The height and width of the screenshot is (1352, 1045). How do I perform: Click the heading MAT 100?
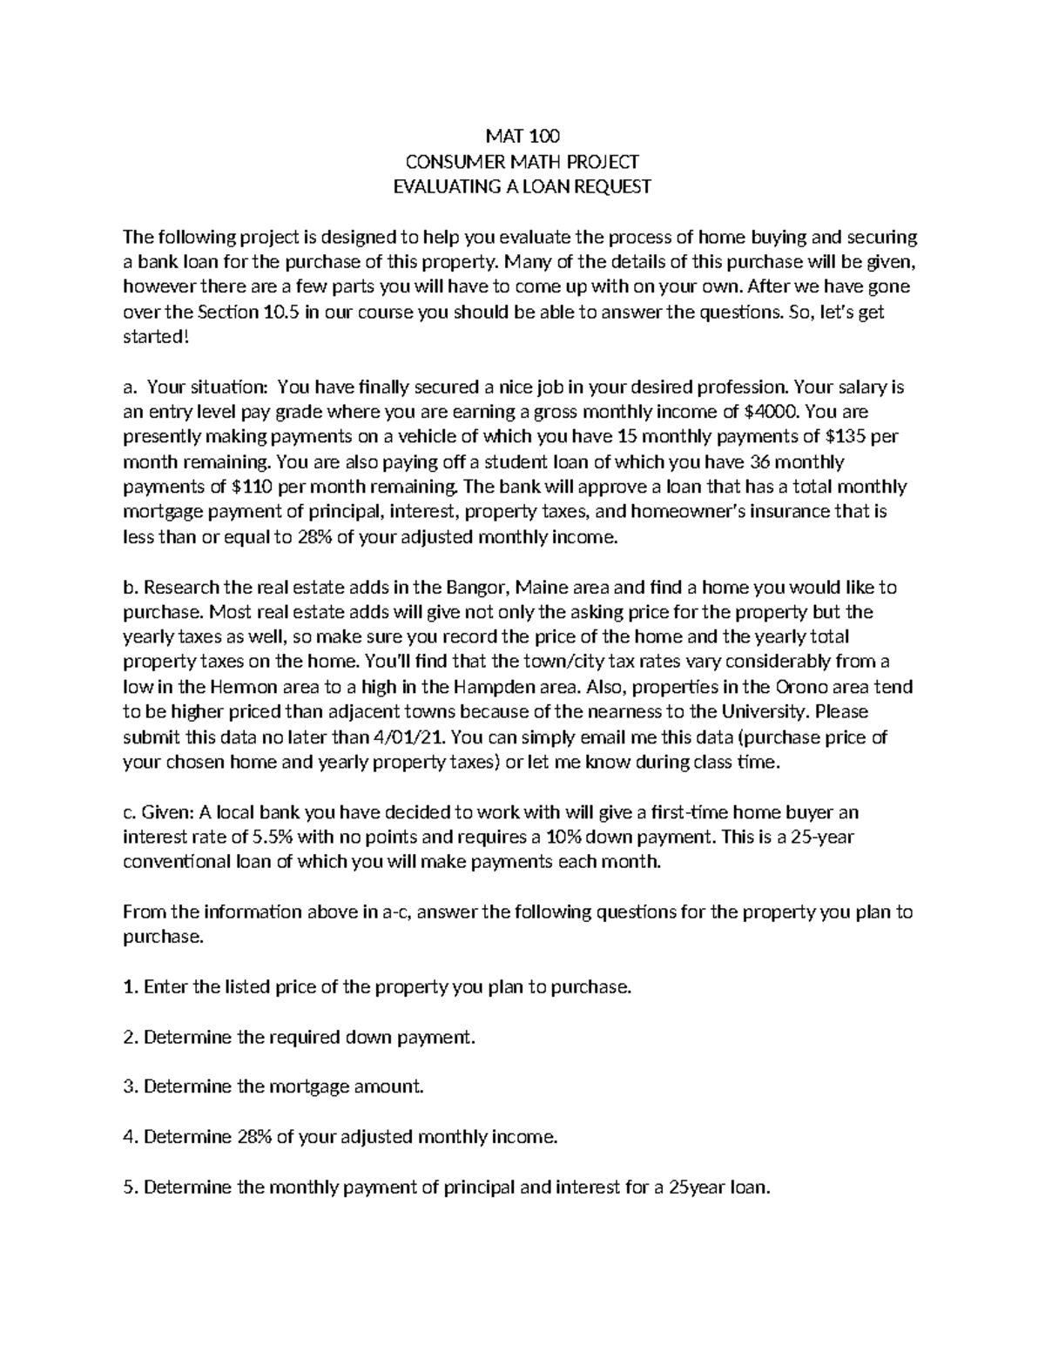[x=522, y=137]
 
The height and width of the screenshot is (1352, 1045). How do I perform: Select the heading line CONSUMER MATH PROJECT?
[x=522, y=162]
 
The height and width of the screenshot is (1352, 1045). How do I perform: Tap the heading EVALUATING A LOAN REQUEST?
[x=522, y=187]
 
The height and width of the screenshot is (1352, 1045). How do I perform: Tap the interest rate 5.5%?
[x=274, y=837]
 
